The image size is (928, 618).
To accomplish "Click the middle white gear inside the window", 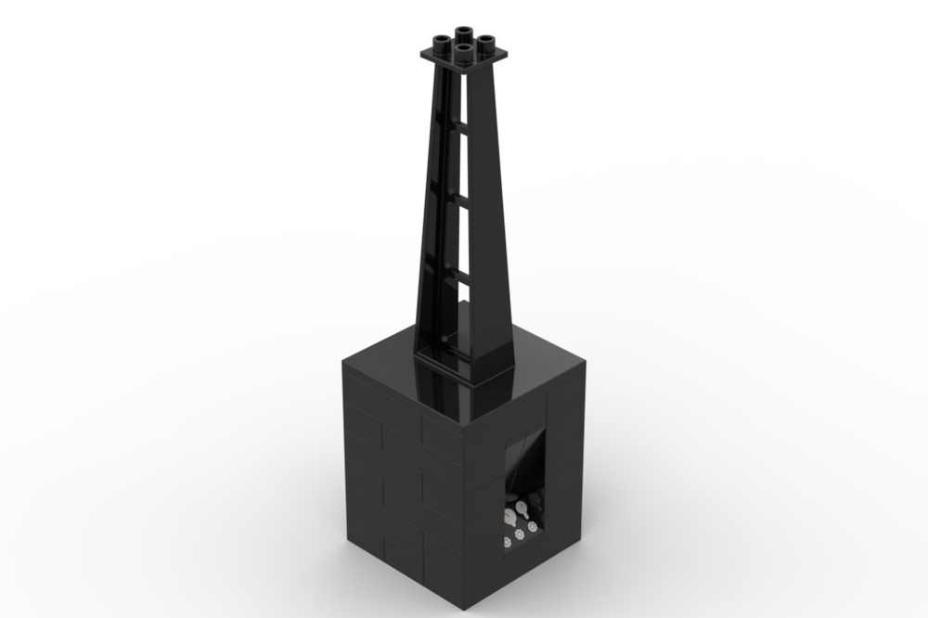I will [519, 534].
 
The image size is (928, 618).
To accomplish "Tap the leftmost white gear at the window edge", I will [507, 541].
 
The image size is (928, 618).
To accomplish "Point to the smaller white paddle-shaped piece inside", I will [509, 516].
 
